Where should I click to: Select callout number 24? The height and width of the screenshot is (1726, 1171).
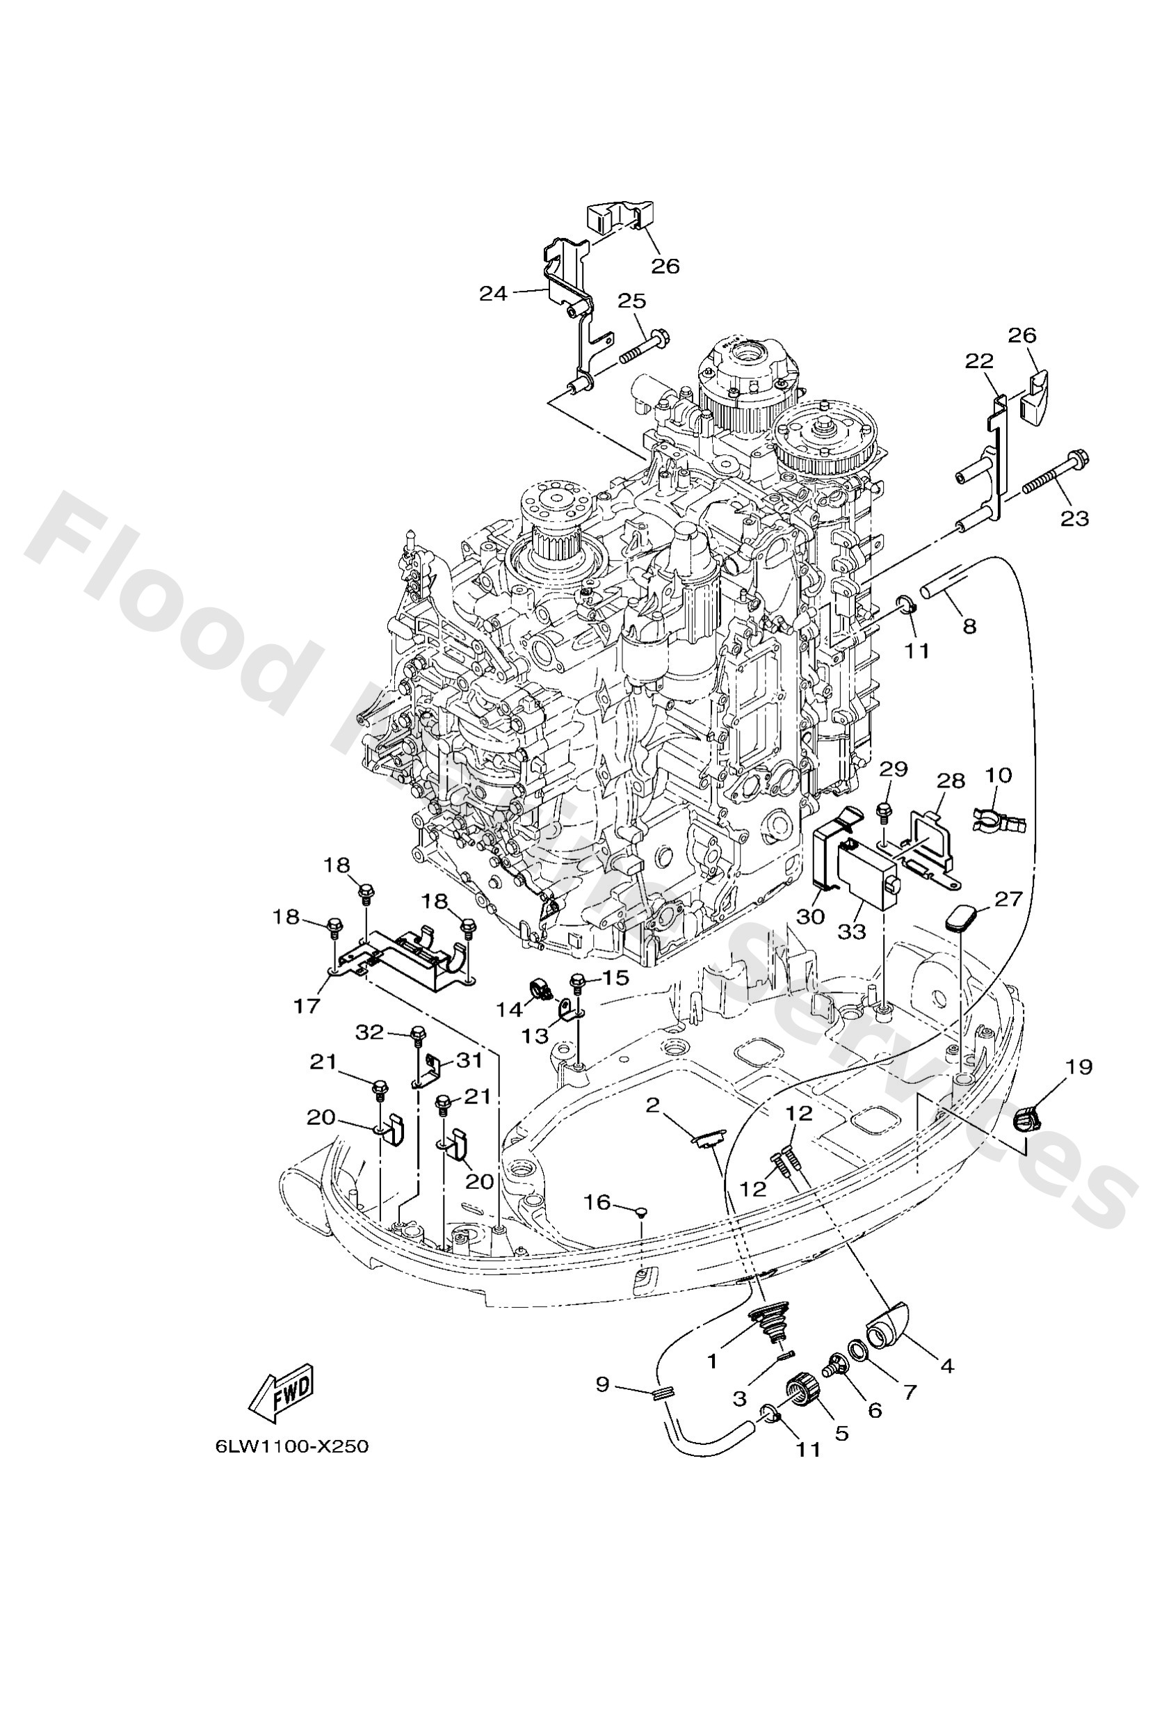point(493,294)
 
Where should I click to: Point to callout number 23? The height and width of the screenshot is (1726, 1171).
point(1074,518)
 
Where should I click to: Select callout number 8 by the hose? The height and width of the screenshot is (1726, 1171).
point(970,626)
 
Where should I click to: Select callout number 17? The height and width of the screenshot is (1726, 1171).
point(306,1007)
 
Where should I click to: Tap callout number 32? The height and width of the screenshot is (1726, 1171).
point(369,1032)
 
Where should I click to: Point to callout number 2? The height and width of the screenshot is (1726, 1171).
point(653,1106)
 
